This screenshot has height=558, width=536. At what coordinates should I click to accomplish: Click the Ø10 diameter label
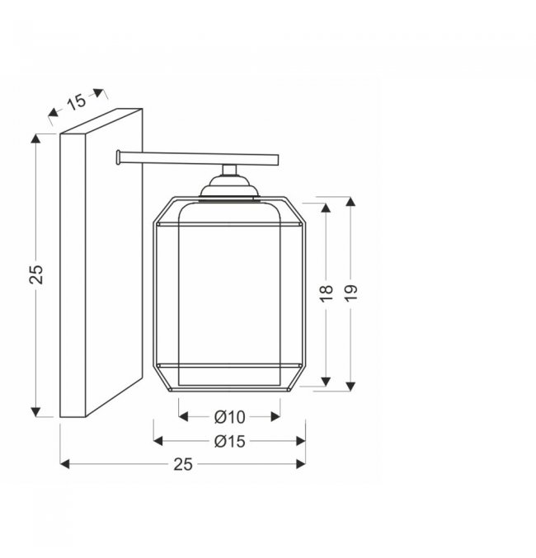click(x=230, y=417)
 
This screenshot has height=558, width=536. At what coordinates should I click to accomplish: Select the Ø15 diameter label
click(x=230, y=441)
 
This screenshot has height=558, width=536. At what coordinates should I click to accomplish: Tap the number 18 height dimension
click(x=327, y=293)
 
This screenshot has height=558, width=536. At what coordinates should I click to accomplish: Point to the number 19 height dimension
click(x=350, y=293)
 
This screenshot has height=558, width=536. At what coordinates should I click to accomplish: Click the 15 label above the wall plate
click(x=77, y=101)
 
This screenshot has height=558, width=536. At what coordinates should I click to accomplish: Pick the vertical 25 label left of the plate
click(x=36, y=274)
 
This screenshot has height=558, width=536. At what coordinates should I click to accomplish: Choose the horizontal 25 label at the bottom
click(x=183, y=464)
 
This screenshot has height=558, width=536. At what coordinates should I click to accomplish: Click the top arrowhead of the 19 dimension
click(x=350, y=201)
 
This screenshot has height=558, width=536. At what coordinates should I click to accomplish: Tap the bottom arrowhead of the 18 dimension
click(x=326, y=382)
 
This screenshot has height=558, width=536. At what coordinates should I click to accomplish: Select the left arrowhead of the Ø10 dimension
click(x=183, y=416)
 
